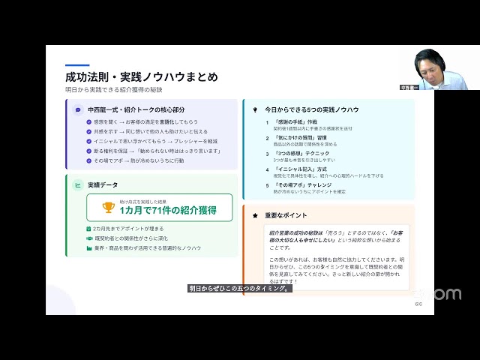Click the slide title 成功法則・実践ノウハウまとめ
(142, 76)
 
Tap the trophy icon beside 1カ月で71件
(109, 208)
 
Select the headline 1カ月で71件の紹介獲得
(166, 210)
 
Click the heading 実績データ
(103, 184)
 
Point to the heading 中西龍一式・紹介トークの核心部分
(143, 109)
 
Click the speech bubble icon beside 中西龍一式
(78, 109)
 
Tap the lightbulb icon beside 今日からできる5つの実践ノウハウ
(255, 109)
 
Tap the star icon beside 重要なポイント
(255, 215)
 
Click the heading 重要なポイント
(287, 215)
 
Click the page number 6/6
(418, 304)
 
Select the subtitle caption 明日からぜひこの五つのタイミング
(238, 288)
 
